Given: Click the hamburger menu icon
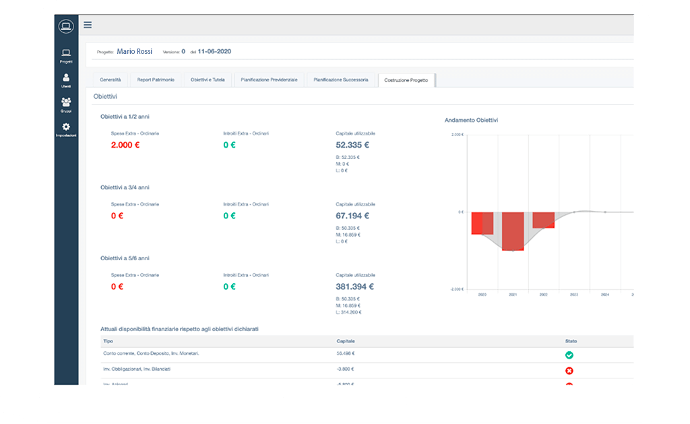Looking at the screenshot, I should (88, 25).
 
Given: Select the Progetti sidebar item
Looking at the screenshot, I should (65, 55).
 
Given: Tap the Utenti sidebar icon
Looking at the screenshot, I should (65, 80).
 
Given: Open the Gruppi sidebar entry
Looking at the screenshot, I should (65, 104).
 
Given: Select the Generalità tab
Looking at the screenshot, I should (111, 80).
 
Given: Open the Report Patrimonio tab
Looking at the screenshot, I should (156, 80).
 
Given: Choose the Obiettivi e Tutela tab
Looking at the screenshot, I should (208, 80).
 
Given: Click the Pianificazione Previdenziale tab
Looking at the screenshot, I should (269, 80).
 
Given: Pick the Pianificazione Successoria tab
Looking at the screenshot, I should (341, 80).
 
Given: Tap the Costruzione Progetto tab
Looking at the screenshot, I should (406, 80).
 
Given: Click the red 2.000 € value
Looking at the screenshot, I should (125, 145).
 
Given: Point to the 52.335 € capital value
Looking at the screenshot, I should (352, 144).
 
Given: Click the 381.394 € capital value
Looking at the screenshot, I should (354, 286).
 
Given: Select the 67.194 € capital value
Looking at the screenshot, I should (352, 216).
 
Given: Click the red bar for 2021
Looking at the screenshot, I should (513, 231).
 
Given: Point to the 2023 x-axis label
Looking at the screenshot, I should (573, 295).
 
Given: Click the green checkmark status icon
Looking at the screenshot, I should (569, 355).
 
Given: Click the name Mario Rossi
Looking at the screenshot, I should (135, 51).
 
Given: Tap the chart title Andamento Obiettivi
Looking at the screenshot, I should (472, 120).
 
